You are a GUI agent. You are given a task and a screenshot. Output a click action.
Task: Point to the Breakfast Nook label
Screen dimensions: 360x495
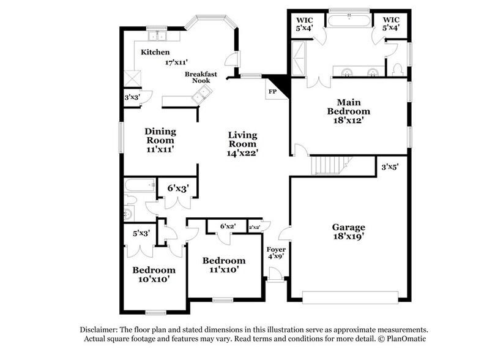[x=201, y=77]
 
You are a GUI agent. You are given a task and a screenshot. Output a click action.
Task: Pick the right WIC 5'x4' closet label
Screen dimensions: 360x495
[x=392, y=23]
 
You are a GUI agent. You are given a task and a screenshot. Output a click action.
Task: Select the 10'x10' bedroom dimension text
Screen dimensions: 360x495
[x=154, y=279]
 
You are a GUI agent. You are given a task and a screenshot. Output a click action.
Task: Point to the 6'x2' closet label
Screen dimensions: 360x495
[x=228, y=227]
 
